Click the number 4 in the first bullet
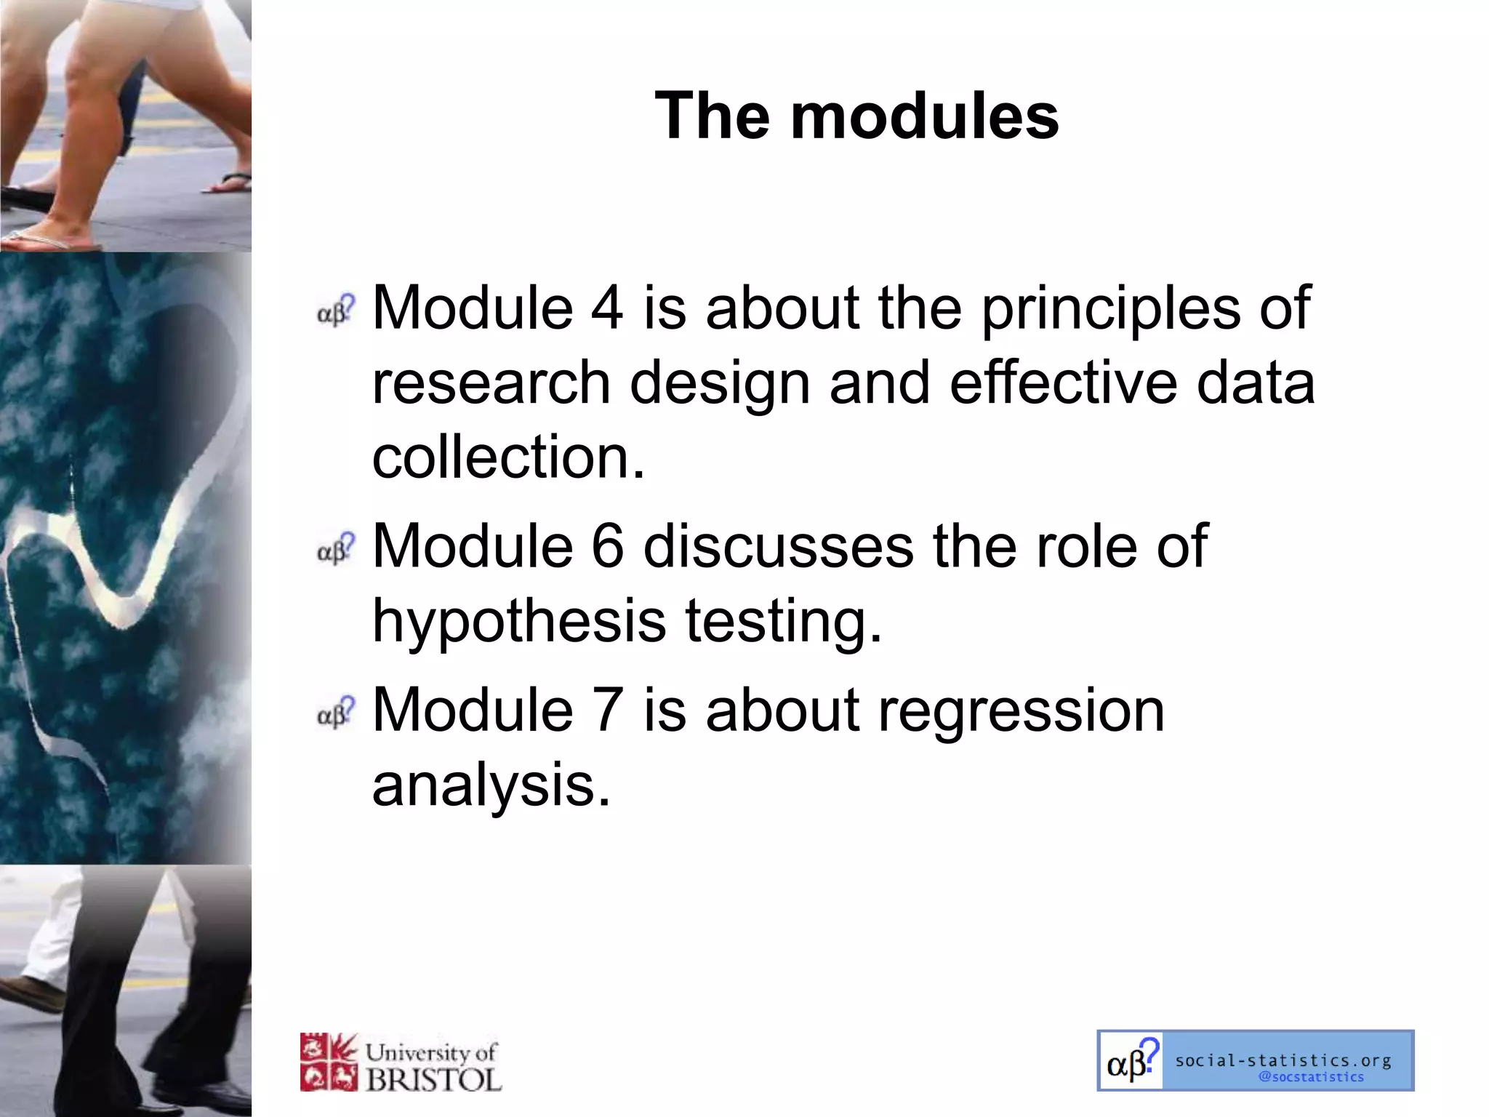(606, 308)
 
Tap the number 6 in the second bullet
(607, 546)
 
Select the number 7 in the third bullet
(607, 710)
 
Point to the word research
(491, 383)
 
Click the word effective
(1062, 383)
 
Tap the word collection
(507, 457)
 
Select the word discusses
(778, 546)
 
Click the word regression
(1021, 710)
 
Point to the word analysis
(490, 785)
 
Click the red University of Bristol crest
(329, 1062)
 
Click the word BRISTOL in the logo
(433, 1079)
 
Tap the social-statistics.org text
(1283, 1060)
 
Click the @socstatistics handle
(1311, 1077)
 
